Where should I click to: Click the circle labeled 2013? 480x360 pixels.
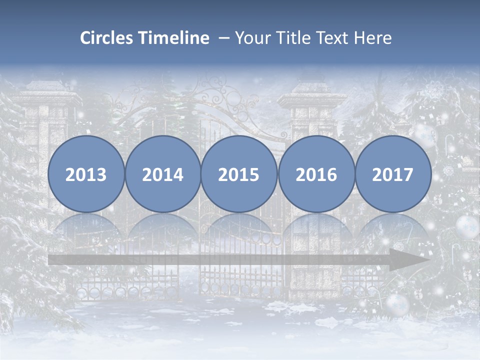point(86,174)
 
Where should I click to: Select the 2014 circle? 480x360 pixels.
point(162,174)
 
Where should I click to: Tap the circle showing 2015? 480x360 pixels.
point(239,174)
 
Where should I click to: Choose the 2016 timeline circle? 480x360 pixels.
point(316,174)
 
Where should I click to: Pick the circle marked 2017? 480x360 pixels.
point(393,174)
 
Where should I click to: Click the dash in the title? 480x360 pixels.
point(224,38)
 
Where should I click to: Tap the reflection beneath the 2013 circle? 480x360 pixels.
point(86,227)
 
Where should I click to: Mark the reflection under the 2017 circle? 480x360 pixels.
point(393,227)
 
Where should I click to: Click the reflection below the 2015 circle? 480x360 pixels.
point(239,227)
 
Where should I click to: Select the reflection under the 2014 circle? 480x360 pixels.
point(162,227)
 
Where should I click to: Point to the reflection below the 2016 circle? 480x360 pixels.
point(316,227)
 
